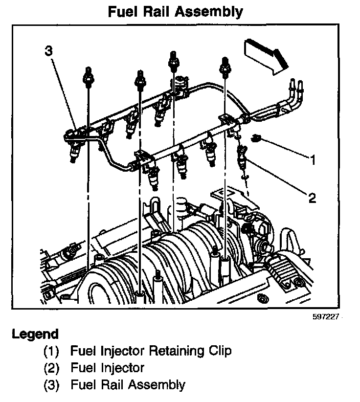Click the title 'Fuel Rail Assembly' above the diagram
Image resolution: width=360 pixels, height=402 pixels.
pyautogui.click(x=175, y=11)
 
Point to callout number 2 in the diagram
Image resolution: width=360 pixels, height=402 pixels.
pyautogui.click(x=312, y=198)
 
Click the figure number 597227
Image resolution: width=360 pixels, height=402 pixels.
pyautogui.click(x=325, y=317)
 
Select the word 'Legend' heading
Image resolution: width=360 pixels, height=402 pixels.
pyautogui.click(x=35, y=335)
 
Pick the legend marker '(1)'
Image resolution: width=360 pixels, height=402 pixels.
pyautogui.click(x=51, y=351)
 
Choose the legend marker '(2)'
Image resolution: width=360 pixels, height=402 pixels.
pyautogui.click(x=51, y=367)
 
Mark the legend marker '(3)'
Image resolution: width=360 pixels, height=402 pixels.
pyautogui.click(x=51, y=384)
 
